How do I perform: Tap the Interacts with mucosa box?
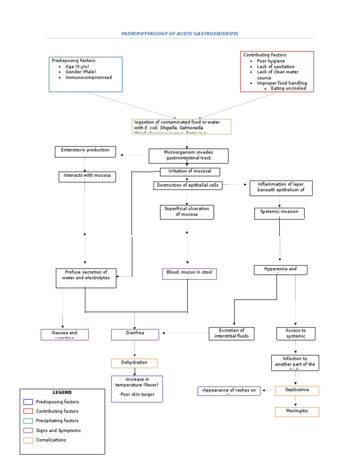click(85, 176)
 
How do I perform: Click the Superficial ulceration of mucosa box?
click(187, 212)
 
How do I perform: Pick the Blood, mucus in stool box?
click(189, 274)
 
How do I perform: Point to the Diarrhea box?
click(135, 334)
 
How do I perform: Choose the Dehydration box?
click(134, 363)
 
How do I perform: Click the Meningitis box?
click(296, 411)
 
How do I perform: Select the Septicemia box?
click(296, 390)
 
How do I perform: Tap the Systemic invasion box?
click(279, 213)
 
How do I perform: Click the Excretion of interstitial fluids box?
click(232, 333)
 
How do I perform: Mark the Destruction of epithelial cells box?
click(187, 185)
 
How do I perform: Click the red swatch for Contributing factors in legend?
click(28, 411)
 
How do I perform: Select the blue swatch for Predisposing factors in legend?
click(28, 402)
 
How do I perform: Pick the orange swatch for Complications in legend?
click(28, 440)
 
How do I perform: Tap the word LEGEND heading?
click(62, 392)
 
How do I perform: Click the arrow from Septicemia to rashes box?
click(268, 390)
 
